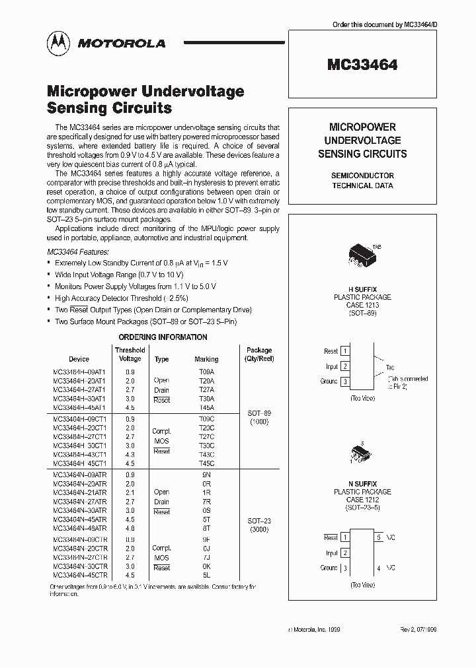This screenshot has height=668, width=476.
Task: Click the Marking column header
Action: [x=206, y=359]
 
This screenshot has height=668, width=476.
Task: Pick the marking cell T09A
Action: [x=206, y=371]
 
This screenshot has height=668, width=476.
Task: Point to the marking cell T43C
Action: [x=206, y=455]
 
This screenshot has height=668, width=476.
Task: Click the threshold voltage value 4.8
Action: [x=130, y=529]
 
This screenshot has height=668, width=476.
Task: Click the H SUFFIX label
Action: [x=362, y=288]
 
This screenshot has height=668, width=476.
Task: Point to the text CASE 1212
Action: [x=362, y=500]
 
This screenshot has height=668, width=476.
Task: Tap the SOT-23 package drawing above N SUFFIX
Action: [x=362, y=455]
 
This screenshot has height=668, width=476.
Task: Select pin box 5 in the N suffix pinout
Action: [x=379, y=538]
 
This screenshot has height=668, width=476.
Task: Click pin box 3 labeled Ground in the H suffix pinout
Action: [x=344, y=382]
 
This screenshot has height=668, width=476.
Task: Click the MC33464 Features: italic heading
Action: [x=78, y=252]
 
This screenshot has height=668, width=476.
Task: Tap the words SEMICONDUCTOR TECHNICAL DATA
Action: [x=362, y=180]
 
